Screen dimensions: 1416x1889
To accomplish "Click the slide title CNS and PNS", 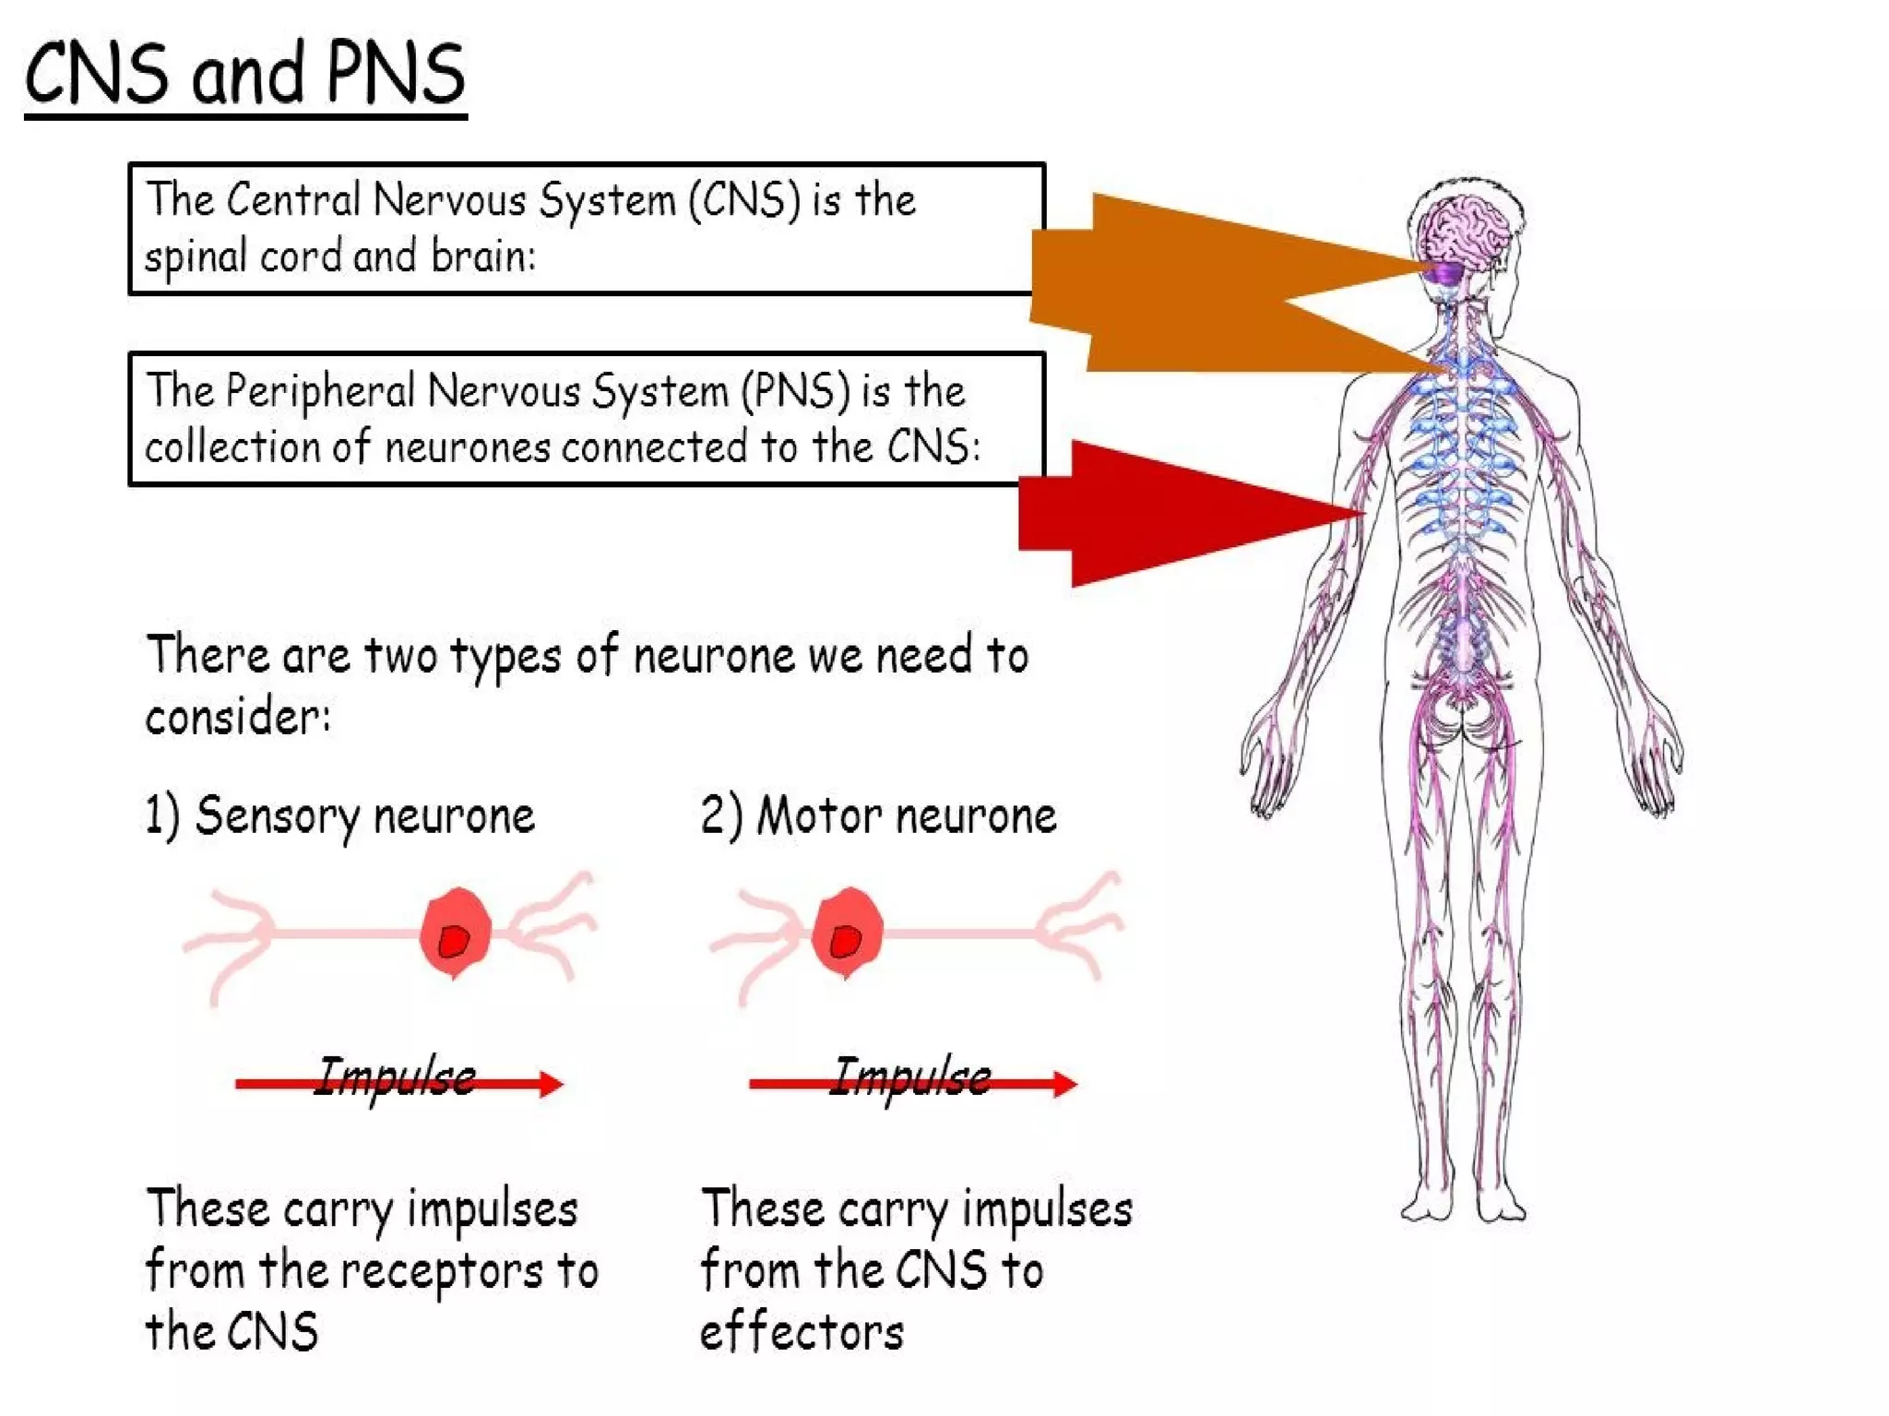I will coord(244,74).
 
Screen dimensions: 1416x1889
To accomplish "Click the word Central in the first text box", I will coord(292,200).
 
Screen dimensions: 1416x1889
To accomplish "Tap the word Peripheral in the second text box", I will coord(319,391).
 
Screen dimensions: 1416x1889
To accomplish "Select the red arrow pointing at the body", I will coord(1181,514).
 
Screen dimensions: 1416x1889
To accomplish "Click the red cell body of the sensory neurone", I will coord(455,933).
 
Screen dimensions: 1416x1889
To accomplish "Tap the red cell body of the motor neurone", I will coord(847,933).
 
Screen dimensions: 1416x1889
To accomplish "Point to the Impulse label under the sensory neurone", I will coord(395,1077).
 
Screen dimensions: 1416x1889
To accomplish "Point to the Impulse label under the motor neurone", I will coord(910,1077).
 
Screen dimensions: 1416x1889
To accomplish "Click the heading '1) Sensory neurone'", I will coord(339,816).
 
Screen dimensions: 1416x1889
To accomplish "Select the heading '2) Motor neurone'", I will coord(877,816).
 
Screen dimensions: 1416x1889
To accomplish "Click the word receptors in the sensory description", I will coord(441,1271).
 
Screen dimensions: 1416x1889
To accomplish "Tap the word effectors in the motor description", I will coord(802,1332).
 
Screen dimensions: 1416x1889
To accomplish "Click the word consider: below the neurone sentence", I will coord(238,717).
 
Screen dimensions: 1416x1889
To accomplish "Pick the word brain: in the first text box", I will coord(482,256).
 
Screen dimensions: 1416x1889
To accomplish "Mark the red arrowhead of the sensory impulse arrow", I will coord(551,1083).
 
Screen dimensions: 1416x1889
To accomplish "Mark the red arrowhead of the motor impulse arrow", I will coord(1064,1083).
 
